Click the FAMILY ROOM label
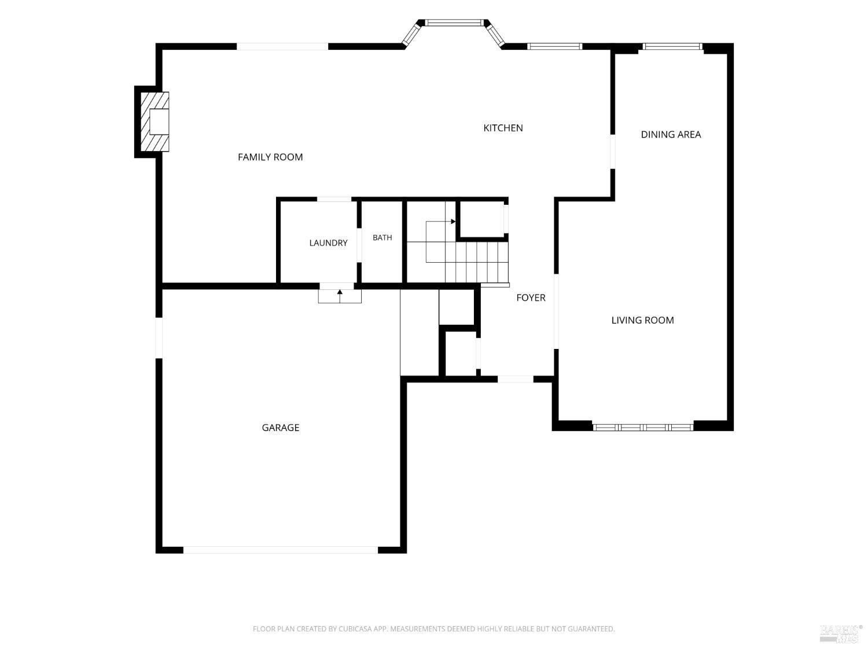[270, 157]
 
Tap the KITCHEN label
[503, 128]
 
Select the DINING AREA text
[671, 134]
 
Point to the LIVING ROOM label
[642, 320]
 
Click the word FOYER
[531, 297]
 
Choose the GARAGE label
[281, 427]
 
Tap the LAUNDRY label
[328, 242]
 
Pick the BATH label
[382, 238]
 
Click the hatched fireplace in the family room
[155, 122]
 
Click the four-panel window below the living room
[643, 427]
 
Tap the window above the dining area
[672, 47]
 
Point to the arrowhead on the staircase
[453, 222]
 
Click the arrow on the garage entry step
[340, 296]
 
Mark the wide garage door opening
[281, 550]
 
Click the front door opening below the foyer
[515, 379]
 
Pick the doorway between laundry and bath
[359, 245]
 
